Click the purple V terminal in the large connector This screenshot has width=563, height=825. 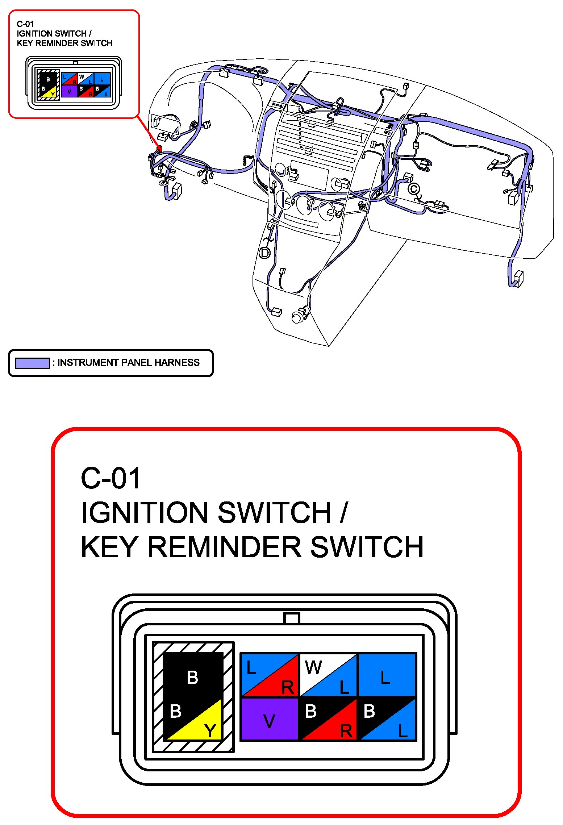(x=269, y=719)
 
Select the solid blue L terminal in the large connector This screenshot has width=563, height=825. (x=386, y=675)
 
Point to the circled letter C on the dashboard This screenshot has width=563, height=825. (x=414, y=189)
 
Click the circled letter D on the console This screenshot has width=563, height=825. (x=265, y=253)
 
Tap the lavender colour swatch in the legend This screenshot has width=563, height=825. (x=32, y=363)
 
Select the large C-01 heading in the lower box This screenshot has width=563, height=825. (x=110, y=478)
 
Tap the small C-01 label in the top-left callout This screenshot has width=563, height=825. (x=25, y=24)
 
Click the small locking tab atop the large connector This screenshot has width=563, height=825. (x=292, y=617)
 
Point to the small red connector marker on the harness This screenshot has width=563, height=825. (x=159, y=148)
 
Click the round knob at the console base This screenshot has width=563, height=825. (x=297, y=318)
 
